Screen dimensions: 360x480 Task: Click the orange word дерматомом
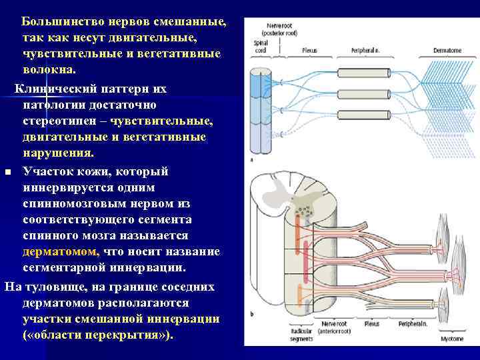tap(61, 251)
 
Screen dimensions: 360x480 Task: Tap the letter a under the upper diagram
tap(251, 160)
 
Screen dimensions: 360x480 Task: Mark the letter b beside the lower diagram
tap(251, 313)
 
